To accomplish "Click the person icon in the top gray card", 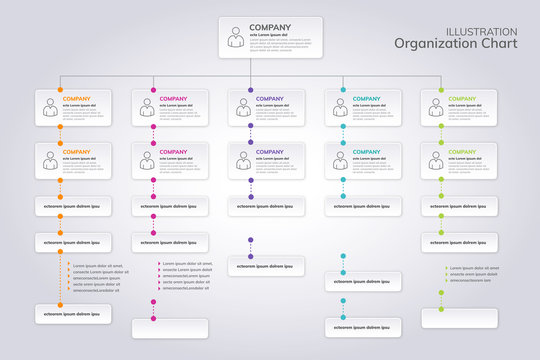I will pos(234,36).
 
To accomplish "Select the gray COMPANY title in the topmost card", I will pos(269,27).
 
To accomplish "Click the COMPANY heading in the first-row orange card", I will pos(76,99).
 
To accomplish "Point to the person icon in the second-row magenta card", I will pos(146,160).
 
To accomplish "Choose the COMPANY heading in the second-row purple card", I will pos(269,152).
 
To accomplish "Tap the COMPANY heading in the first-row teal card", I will pos(366,99).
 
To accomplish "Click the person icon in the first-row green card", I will pos(436,108).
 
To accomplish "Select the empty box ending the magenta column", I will pos(170,328).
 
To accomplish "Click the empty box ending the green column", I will pos(459,319).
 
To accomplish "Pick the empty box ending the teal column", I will pos(363,328).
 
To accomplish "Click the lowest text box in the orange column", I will pos(73,314).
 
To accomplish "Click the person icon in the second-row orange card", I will pos(49,160).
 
